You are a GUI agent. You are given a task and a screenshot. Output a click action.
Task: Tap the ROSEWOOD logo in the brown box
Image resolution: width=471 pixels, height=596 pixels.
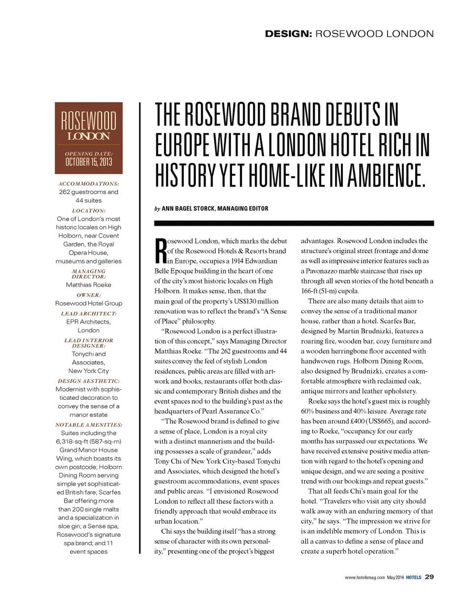[x=88, y=122]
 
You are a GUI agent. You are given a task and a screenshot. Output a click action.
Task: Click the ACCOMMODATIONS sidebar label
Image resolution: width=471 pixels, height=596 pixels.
[x=88, y=183]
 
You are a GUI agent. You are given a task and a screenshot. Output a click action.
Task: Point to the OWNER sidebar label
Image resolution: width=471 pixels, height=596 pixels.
[x=88, y=295]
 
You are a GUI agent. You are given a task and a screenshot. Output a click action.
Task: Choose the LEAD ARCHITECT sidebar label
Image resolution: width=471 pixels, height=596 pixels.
[x=88, y=313]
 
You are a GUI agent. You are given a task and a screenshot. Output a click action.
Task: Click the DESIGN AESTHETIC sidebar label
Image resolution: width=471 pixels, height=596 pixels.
[x=88, y=381]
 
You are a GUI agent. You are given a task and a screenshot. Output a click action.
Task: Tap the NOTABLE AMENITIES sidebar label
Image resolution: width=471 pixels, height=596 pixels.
[x=88, y=424]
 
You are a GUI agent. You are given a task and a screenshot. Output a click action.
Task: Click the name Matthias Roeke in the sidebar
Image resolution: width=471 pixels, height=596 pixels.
[x=88, y=285]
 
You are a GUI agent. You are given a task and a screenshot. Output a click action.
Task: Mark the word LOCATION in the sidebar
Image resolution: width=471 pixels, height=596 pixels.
[x=88, y=210]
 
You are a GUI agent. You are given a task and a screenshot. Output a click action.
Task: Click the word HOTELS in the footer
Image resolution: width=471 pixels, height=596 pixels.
[x=413, y=577]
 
